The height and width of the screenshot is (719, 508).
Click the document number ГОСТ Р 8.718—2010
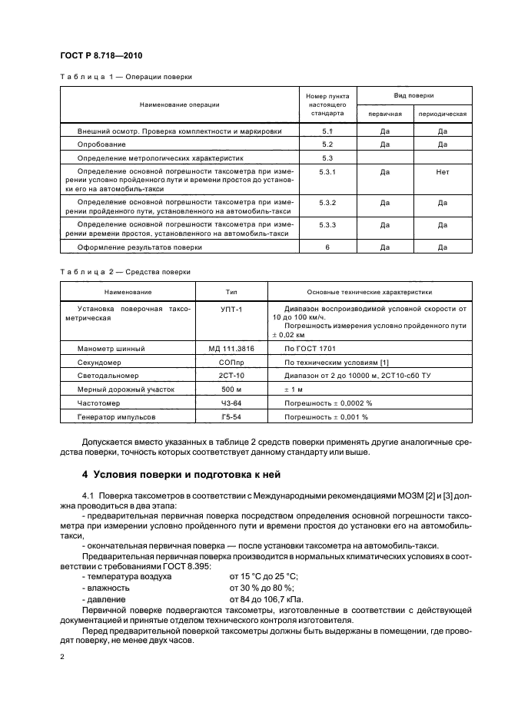101,55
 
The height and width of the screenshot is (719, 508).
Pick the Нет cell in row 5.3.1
442,172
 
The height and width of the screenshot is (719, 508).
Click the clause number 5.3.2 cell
327,202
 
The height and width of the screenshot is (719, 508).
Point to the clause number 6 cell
327,247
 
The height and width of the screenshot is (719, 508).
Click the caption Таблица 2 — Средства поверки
125,272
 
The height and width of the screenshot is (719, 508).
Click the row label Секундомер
100,363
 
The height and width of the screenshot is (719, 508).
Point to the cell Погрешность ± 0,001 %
326,417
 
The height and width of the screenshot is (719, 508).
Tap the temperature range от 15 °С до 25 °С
274,575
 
